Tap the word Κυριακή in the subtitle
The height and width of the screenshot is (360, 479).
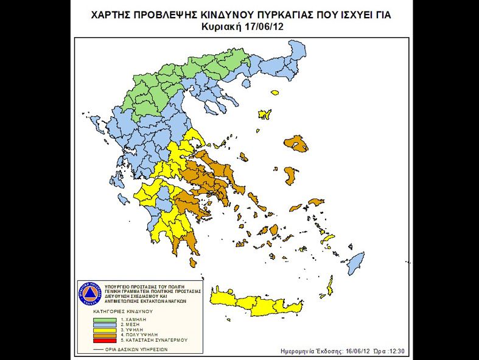pyautogui.click(x=221, y=27)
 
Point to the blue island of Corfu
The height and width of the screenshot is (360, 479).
pyautogui.click(x=87, y=119)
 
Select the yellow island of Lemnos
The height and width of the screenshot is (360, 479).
pyautogui.click(x=265, y=114)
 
